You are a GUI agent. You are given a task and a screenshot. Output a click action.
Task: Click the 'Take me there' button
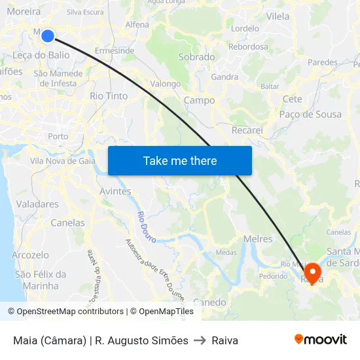180,161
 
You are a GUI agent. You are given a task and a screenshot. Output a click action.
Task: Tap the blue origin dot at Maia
48,35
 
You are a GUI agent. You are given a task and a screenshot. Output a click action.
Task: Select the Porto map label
58,136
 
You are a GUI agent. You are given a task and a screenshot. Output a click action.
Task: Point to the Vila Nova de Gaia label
63,161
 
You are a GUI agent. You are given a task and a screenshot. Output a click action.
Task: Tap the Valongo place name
166,84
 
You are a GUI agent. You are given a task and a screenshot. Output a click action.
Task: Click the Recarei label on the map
247,130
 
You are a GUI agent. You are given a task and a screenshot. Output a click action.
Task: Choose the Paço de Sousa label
310,115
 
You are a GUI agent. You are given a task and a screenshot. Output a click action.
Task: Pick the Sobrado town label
197,57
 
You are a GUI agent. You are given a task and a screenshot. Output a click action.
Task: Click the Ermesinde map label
115,50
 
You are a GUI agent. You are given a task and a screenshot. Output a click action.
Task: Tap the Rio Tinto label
109,96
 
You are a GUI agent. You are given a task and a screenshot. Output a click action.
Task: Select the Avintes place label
115,191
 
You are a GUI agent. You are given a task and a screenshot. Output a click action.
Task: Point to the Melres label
257,239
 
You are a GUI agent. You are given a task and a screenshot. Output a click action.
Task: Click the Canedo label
209,302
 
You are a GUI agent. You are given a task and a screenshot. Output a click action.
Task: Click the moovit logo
321,340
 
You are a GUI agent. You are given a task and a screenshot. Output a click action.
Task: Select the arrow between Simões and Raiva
200,340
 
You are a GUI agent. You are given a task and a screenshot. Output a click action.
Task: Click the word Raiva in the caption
225,340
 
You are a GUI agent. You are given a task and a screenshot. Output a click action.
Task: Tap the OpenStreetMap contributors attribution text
66,312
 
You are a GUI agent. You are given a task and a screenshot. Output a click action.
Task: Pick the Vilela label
278,16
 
